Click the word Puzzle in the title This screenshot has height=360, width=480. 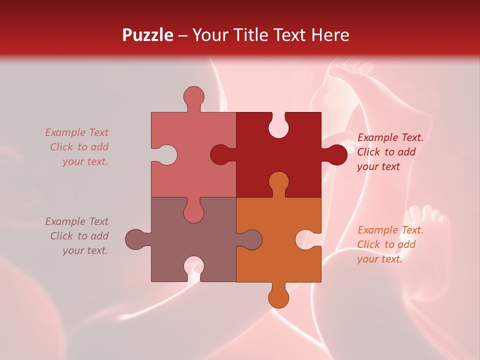click(x=147, y=35)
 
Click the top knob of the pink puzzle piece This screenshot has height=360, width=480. click(x=193, y=96)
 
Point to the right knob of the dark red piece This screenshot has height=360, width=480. click(x=336, y=155)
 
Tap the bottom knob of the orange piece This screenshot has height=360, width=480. click(x=278, y=297)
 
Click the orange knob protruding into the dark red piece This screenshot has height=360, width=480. click(x=278, y=182)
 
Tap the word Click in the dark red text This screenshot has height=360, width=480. click(x=368, y=152)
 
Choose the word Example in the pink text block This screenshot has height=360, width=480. click(x=65, y=132)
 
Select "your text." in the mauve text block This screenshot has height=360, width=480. click(x=85, y=250)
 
